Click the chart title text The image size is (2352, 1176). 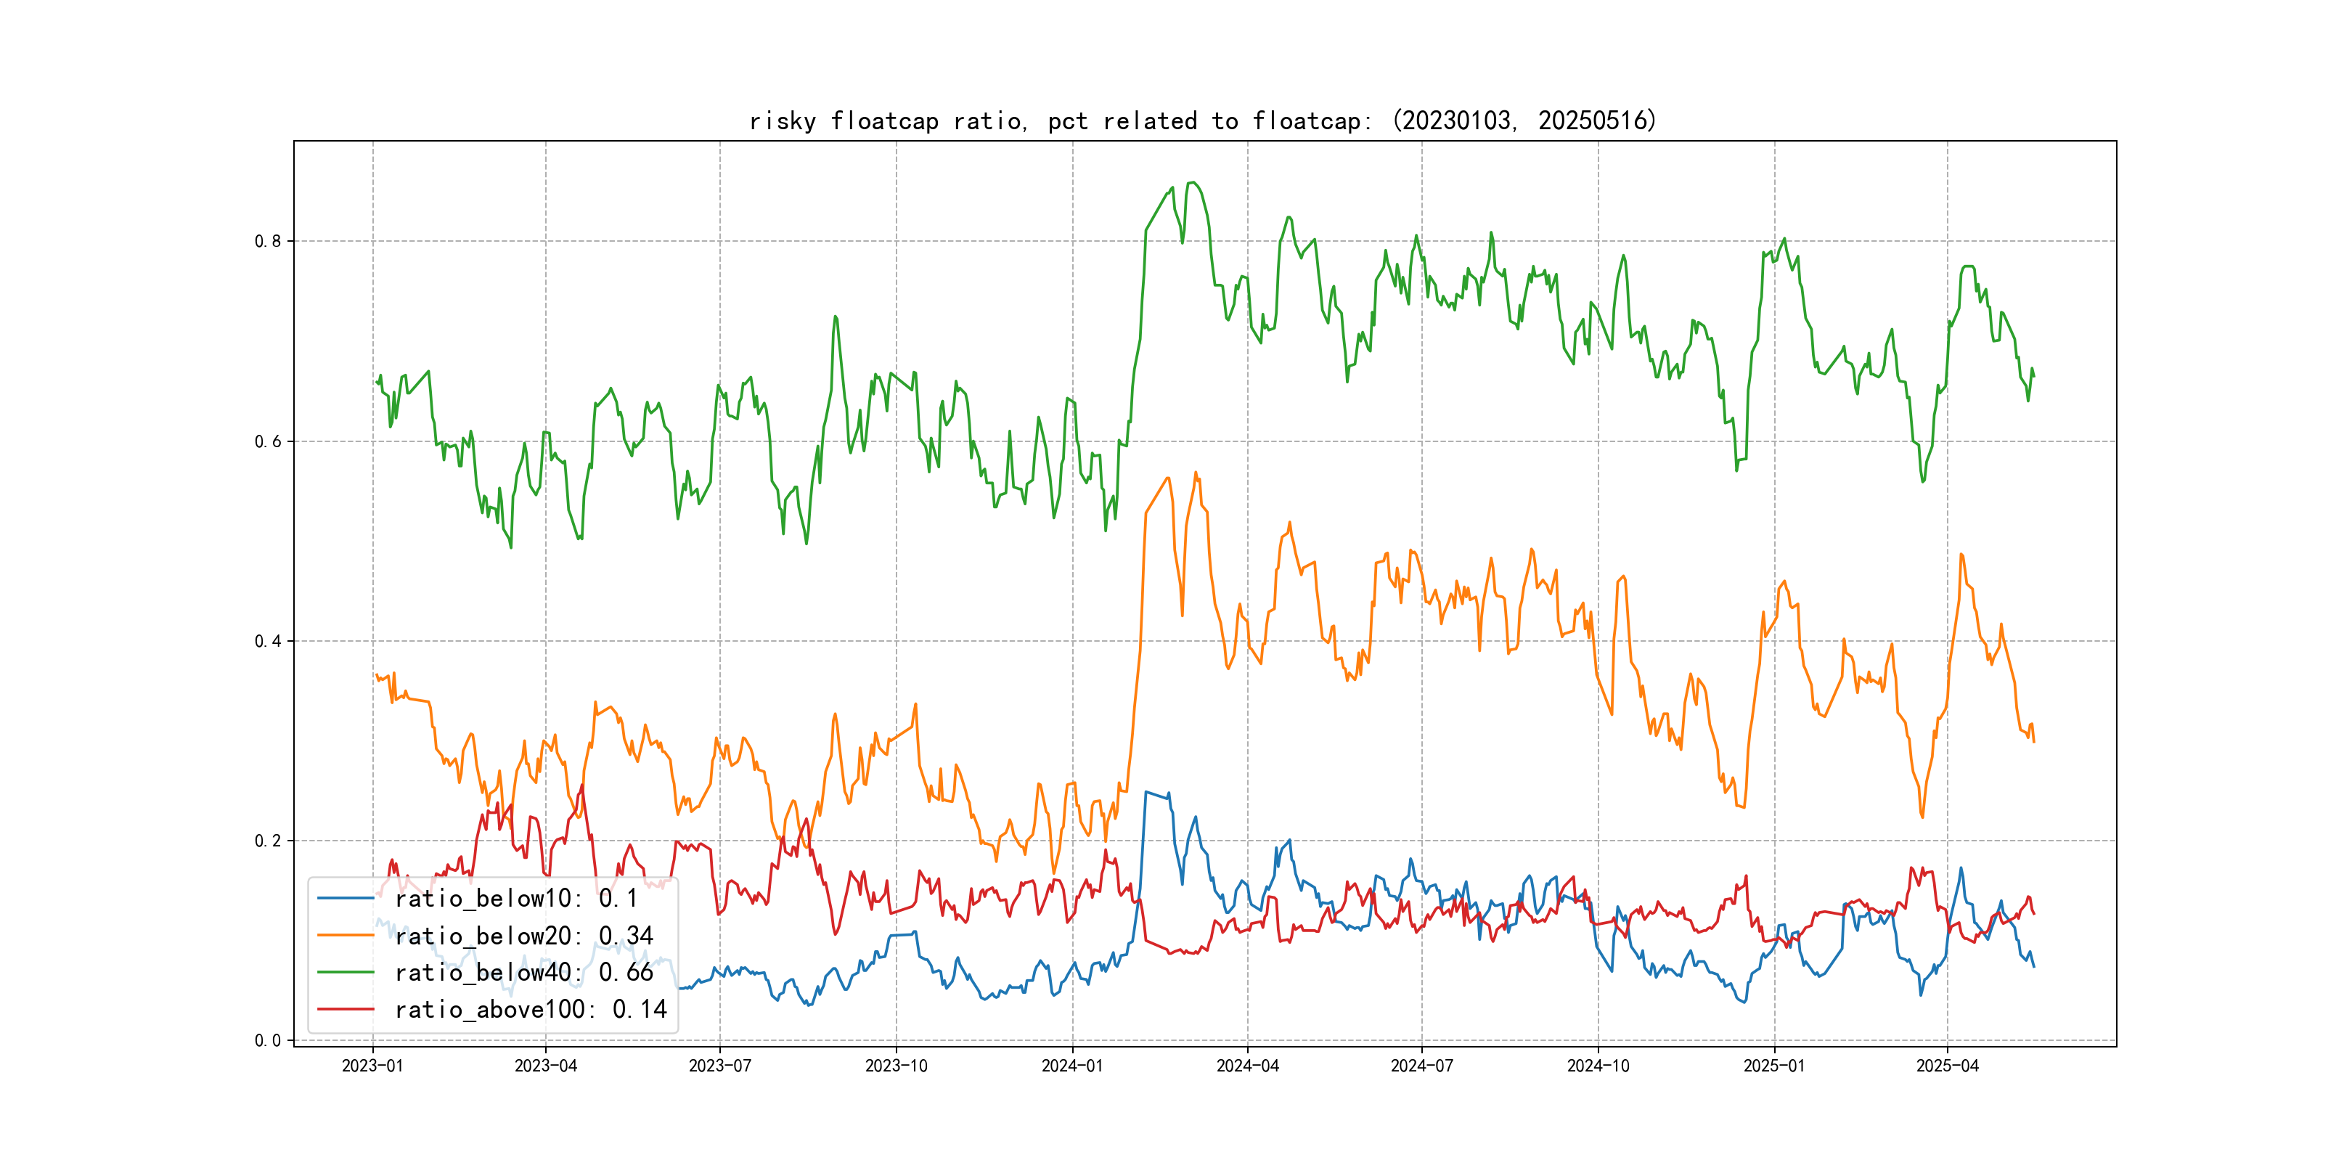coord(1202,121)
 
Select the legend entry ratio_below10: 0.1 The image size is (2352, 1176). coord(516,899)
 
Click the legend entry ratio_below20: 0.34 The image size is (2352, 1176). coord(523,936)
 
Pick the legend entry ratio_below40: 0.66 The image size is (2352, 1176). coord(523,973)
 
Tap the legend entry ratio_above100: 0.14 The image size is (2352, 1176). coord(531,1009)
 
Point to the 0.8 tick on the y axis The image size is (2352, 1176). coord(268,241)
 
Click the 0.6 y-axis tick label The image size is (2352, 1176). coord(268,441)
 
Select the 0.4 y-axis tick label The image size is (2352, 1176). coord(268,641)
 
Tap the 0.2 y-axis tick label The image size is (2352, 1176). coord(268,841)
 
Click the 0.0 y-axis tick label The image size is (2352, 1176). coord(268,1040)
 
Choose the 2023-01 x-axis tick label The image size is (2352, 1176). coord(372,1066)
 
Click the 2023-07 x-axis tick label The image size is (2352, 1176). coord(719,1066)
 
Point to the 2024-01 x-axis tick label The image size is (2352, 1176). coord(1072,1066)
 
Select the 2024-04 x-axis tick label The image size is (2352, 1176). coord(1247,1066)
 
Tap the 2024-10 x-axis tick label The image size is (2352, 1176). coord(1598,1066)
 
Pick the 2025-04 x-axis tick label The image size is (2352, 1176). coord(1947,1066)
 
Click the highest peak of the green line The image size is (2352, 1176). coord(1193,183)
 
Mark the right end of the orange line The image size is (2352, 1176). coord(2033,741)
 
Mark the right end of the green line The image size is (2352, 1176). coord(2033,375)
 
